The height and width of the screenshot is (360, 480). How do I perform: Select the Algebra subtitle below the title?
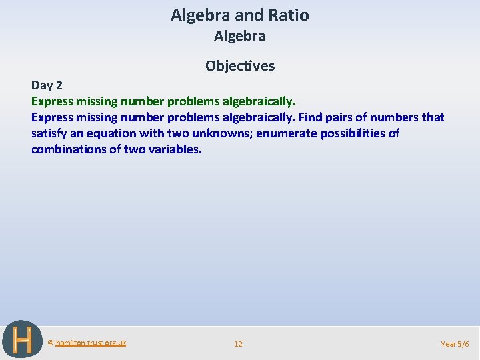tap(239, 36)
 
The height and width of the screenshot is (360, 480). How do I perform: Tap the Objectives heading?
tap(240, 65)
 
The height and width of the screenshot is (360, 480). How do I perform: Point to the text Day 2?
tap(47, 85)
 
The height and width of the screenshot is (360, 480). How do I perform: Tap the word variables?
tap(175, 149)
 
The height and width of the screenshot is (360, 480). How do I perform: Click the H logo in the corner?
tap(22, 340)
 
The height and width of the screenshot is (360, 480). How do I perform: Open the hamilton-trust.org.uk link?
tap(91, 343)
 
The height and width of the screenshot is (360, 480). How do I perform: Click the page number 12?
tap(238, 344)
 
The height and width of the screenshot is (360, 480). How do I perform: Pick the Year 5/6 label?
tap(455, 344)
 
